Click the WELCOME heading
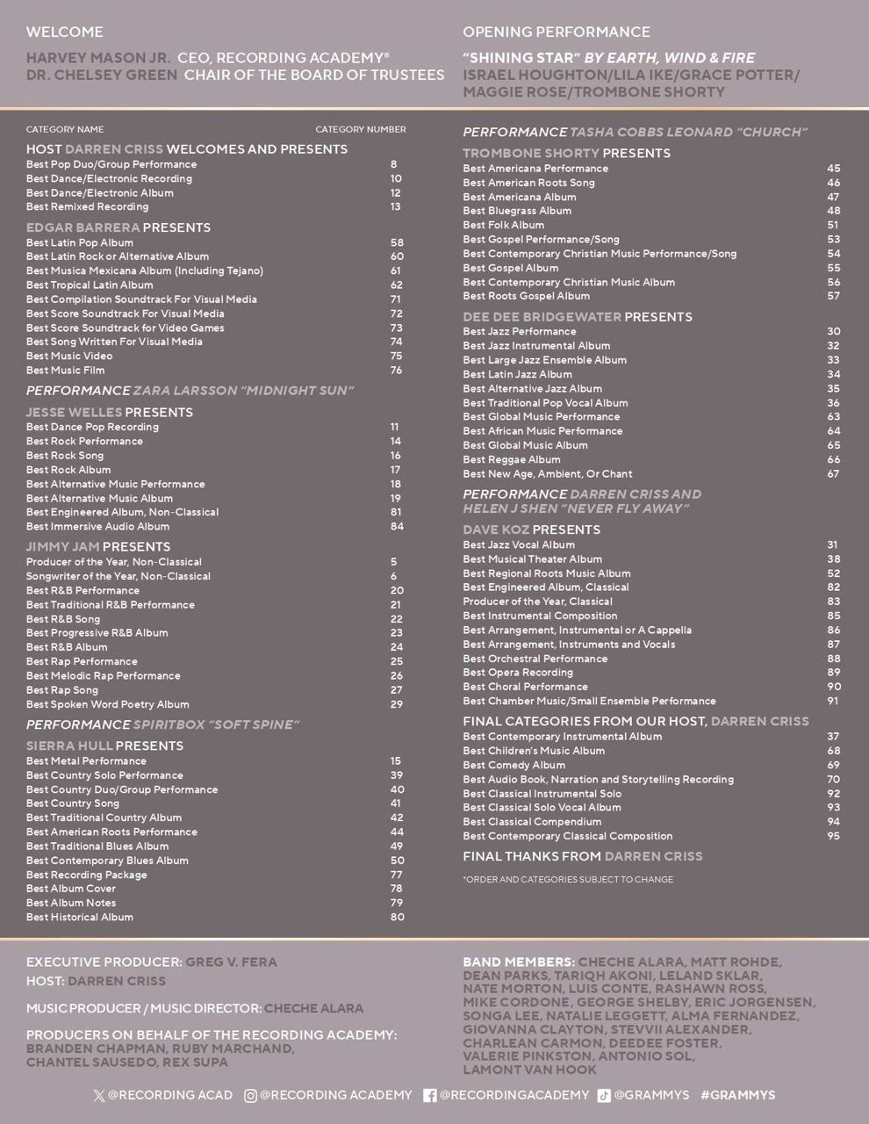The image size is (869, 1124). [64, 32]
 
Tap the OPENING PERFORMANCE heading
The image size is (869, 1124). [557, 32]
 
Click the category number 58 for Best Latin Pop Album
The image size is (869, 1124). [397, 243]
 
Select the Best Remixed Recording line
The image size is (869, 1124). [87, 207]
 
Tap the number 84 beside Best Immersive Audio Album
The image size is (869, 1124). [397, 527]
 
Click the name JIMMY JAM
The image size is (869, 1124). [61, 547]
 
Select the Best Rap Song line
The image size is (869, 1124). [62, 690]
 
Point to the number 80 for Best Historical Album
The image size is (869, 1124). [397, 918]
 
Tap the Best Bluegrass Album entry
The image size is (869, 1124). [517, 211]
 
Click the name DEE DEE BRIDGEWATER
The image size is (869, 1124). [542, 317]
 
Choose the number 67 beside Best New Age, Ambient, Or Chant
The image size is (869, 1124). [833, 474]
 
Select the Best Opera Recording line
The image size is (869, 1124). [518, 673]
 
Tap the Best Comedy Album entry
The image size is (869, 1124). [513, 766]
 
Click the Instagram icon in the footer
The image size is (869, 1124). [250, 1096]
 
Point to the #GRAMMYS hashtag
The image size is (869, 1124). [737, 1096]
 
